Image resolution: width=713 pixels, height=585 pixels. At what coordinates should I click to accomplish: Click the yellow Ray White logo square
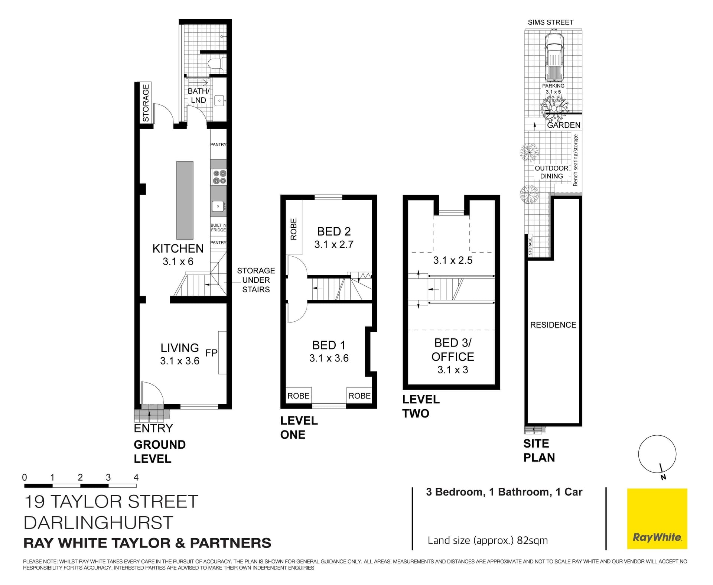coord(657,519)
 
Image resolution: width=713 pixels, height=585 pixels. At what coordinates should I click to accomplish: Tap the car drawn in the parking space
coord(553,57)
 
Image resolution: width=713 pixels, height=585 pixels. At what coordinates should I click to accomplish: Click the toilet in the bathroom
coord(216,63)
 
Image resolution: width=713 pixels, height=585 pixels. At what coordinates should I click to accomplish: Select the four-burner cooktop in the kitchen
coord(218,177)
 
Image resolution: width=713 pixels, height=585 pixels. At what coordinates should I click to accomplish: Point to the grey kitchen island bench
coord(185,200)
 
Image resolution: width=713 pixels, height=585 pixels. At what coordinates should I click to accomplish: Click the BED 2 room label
coord(334,238)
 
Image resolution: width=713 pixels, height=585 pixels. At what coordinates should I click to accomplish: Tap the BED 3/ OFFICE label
coord(453,355)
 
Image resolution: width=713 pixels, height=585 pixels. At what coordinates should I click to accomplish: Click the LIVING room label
coord(180,354)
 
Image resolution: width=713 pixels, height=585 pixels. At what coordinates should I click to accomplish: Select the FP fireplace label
coord(211,352)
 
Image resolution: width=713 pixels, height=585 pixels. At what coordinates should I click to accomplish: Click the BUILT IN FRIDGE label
coord(218,228)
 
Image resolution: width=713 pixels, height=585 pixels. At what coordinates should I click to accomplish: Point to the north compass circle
coord(657,454)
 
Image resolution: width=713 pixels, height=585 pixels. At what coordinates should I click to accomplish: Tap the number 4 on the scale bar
coord(136,477)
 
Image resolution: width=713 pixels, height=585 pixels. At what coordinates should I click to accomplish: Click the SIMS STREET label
coord(551,22)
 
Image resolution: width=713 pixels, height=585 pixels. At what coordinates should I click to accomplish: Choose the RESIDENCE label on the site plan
coord(553,325)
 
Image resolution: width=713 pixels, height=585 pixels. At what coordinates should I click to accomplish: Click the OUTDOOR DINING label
coord(551,172)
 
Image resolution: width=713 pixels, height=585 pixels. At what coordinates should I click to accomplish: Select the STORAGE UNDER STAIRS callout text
coord(256,280)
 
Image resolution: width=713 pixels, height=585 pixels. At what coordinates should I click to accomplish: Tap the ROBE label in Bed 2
coord(293,229)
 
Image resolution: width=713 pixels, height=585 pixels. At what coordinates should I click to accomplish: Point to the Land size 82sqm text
coord(488,540)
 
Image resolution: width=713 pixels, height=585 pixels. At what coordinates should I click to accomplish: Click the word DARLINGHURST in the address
coord(98,523)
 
